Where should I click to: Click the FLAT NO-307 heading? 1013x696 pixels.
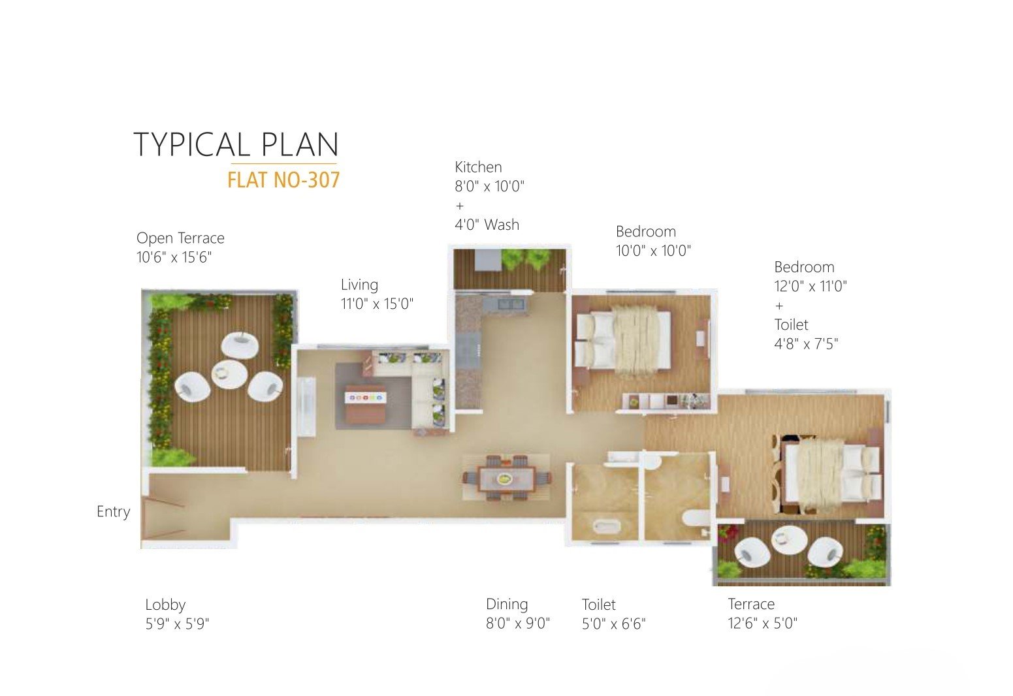coord(283,180)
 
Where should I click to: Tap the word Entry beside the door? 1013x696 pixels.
coord(114,512)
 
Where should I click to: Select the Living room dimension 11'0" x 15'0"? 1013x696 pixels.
coord(377,304)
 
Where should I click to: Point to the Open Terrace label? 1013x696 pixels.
coord(180,238)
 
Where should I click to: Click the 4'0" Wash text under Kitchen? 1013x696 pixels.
coord(487,225)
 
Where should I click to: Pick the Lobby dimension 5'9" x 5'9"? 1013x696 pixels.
coord(177,624)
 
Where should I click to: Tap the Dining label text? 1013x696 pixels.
coord(507,605)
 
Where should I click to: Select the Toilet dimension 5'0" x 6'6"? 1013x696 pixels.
coord(614,624)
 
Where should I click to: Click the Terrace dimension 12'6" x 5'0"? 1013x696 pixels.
coord(762,624)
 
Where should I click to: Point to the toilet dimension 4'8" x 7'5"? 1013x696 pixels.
coord(806,344)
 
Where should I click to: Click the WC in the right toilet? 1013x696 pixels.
coord(696,518)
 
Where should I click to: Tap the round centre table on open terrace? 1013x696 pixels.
coord(230,373)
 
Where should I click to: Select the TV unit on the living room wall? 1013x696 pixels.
coord(306,407)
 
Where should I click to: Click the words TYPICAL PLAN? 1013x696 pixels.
coord(236,145)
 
